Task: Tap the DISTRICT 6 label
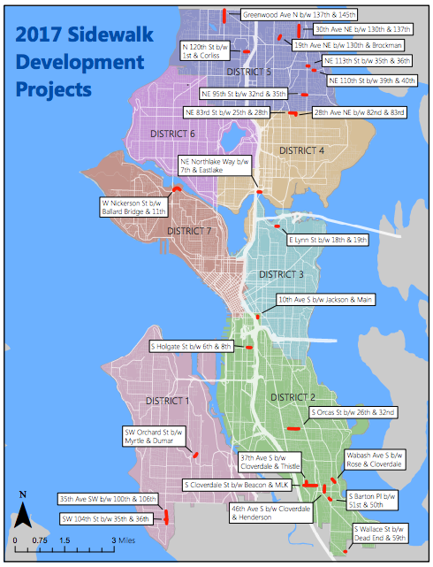click(173, 134)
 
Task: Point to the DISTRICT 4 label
click(302, 151)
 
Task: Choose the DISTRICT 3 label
click(282, 275)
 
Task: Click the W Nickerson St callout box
click(134, 207)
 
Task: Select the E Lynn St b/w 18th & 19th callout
click(326, 240)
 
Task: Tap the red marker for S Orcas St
click(293, 427)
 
